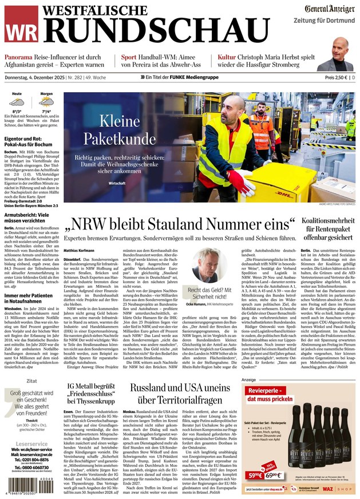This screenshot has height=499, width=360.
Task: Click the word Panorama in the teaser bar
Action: [21, 58]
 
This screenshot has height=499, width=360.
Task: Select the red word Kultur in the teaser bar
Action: [228, 58]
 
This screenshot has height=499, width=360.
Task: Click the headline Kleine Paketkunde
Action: [111, 129]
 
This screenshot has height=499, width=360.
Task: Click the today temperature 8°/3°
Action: [17, 112]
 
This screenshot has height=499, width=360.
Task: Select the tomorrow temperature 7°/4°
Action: [46, 112]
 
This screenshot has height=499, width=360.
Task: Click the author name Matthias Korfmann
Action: [79, 250]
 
